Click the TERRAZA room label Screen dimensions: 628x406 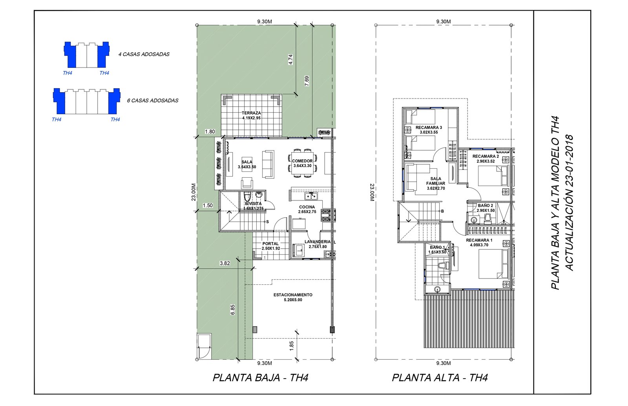[251, 113]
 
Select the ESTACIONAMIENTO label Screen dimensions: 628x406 [293, 295]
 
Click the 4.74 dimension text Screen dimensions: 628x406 [290, 59]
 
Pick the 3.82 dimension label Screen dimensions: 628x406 [225, 263]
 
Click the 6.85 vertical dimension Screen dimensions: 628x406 [233, 310]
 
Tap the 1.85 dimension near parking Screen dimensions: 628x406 [291, 346]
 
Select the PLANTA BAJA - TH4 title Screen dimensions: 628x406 [261, 378]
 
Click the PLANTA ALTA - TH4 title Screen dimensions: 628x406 [440, 378]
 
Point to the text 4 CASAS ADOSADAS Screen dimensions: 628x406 [144, 55]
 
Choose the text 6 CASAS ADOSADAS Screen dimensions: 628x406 [153, 100]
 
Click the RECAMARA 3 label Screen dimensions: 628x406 [429, 127]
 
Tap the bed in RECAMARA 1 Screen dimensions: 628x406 [493, 264]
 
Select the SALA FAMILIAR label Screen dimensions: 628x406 [436, 181]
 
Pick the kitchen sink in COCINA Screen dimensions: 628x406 [311, 196]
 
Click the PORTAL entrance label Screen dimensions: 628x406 [270, 244]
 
